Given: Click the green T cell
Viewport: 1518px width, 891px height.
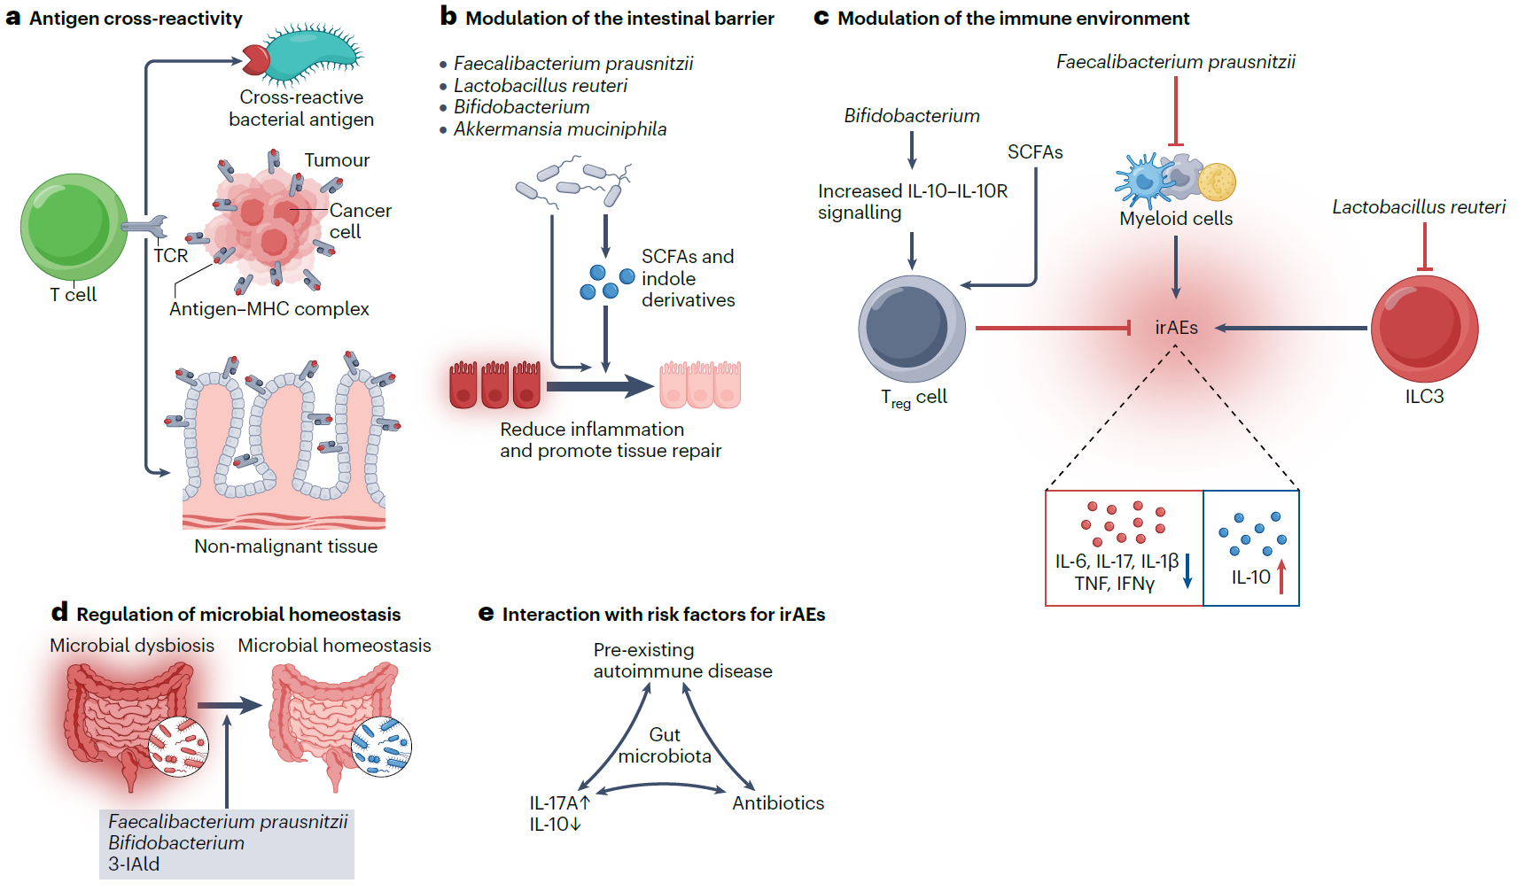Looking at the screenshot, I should coord(74,227).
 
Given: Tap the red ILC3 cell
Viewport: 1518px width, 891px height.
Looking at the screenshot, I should coord(1424,329).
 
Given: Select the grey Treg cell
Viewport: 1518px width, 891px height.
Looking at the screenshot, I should coord(912,329).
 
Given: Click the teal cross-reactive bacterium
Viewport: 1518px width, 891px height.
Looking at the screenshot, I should coord(310,55).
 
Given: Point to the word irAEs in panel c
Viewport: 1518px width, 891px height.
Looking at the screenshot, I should coord(1176,328).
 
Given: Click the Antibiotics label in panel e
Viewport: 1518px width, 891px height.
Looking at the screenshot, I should coord(778,803).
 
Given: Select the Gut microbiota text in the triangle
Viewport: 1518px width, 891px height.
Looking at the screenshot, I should coord(665,746).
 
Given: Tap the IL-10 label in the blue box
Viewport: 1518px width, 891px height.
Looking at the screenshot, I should coord(1250,577).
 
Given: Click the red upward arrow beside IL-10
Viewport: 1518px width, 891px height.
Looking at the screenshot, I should coord(1281,577).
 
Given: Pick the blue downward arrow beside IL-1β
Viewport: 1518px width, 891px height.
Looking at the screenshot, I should coord(1187,571).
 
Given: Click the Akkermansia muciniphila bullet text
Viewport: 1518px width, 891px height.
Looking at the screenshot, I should coord(560,129).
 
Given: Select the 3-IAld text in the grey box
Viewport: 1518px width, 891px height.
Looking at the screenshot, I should coord(134,864).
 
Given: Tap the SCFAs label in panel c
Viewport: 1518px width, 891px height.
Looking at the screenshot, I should coord(1035,152).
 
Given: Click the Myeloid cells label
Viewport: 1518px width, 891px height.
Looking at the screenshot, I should coord(1176,219).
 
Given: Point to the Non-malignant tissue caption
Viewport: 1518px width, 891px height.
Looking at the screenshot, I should coord(285,546).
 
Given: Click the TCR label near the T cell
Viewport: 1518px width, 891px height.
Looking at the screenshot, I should coord(170,256).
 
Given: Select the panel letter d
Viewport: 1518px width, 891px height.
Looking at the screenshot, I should coord(59,612).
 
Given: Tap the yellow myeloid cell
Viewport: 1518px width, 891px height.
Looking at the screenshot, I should coord(1217,182).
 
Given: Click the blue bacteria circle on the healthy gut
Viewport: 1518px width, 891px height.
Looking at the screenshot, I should coord(381,746).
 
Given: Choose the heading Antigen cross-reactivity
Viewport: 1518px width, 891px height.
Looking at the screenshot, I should coord(136,19).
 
